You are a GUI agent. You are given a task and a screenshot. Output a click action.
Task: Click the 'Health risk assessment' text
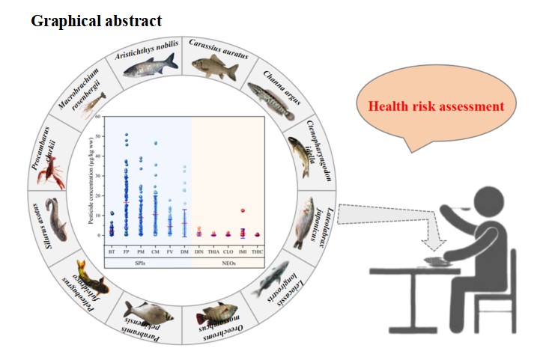(435, 106)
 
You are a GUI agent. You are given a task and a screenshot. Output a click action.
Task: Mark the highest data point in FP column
(127, 135)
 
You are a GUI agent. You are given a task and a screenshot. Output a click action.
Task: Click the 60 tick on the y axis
(97, 118)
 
